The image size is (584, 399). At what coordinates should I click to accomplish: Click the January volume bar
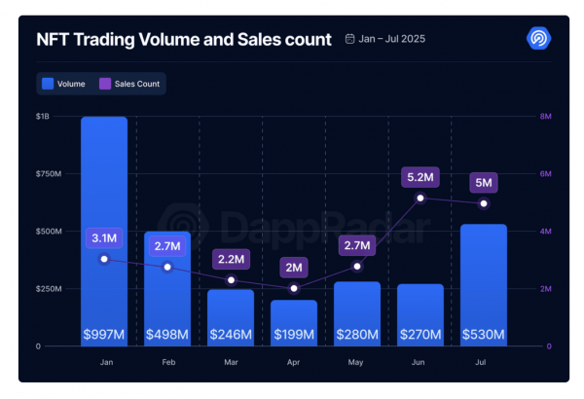104,232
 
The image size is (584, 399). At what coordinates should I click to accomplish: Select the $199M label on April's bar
294,334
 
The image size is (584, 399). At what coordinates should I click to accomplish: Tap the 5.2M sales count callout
420,177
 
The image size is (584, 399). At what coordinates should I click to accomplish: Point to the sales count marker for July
484,203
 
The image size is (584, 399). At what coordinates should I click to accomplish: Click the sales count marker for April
294,288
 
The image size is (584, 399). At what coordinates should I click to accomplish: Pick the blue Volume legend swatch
48,84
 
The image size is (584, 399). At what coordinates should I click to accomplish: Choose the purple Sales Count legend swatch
105,84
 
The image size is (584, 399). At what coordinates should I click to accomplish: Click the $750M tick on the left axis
49,174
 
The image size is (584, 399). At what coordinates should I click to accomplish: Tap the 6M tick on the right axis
546,174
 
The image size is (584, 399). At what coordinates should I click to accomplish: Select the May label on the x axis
355,362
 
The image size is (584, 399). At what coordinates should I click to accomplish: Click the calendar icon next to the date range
349,39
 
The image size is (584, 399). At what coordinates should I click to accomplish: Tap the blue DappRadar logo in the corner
538,38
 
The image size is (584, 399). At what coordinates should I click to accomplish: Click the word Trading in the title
104,40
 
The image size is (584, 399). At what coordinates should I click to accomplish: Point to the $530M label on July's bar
484,334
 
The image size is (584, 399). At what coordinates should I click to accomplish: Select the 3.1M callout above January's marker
104,238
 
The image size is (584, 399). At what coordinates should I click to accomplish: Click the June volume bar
420,315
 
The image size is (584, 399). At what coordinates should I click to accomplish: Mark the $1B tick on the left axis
43,117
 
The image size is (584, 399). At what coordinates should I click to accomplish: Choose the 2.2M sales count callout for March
231,259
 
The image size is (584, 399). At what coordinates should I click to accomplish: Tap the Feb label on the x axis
168,362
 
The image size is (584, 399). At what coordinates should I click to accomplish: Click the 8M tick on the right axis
546,117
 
